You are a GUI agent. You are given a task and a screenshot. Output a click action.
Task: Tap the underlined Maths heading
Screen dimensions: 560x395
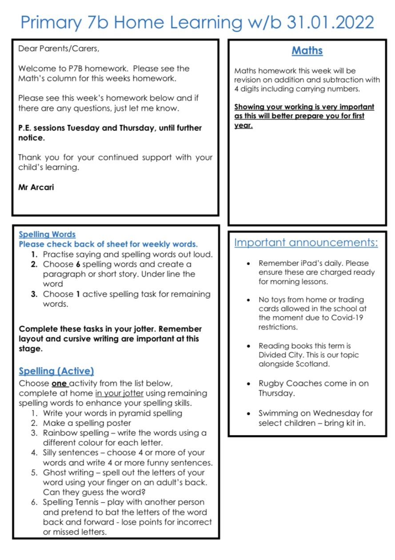point(307,51)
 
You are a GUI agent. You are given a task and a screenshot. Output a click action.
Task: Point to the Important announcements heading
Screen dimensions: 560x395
point(306,243)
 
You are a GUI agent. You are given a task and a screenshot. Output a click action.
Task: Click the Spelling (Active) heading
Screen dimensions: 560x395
point(56,371)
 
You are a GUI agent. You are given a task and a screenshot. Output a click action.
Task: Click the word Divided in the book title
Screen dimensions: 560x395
point(275,355)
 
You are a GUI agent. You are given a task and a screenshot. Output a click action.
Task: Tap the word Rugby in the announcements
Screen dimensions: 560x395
point(271,384)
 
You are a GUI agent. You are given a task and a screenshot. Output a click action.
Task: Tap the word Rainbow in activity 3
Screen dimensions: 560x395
point(58,433)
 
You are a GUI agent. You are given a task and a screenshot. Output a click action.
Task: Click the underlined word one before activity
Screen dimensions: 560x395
point(60,383)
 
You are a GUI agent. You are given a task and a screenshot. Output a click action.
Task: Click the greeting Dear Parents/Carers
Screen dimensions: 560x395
point(59,49)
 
